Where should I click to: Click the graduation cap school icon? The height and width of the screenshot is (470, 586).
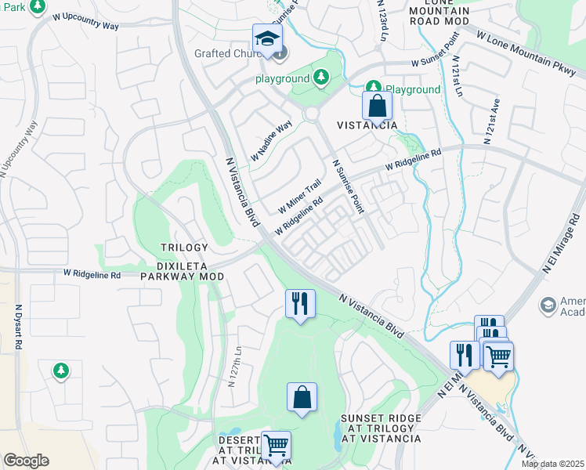(x=267, y=38)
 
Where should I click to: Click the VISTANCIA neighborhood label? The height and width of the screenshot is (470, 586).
(x=367, y=125)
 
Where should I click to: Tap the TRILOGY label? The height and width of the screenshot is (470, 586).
(x=185, y=248)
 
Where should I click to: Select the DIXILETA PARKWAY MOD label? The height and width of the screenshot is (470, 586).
(x=183, y=270)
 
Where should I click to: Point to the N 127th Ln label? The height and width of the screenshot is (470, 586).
(x=232, y=367)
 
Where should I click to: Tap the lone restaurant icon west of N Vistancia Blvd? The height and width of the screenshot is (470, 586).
(x=299, y=303)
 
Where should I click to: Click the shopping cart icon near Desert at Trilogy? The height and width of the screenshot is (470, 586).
(x=275, y=445)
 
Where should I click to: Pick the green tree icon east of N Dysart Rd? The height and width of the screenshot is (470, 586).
(x=60, y=369)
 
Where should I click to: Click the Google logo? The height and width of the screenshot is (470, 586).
(x=27, y=461)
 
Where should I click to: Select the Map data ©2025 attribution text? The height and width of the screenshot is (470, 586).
(x=552, y=464)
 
